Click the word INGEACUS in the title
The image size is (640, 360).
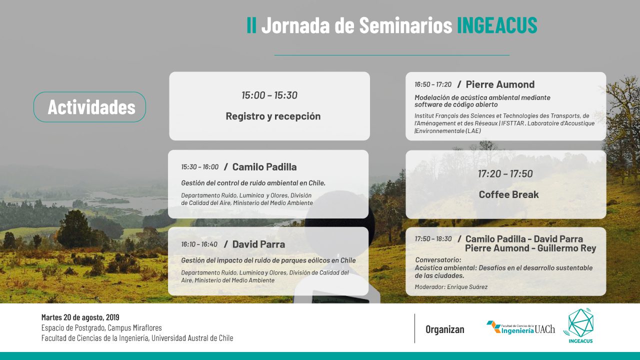[497, 25]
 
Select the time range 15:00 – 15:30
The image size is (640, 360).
[269, 95]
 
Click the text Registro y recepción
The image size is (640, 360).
[273, 116]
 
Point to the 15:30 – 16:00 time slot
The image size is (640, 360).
[199, 167]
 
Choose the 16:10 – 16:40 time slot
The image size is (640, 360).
[199, 244]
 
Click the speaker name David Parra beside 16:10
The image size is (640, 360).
[258, 244]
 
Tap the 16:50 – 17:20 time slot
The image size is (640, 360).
[433, 84]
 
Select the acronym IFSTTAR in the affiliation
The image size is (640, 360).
[513, 123]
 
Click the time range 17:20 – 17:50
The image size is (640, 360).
[505, 173]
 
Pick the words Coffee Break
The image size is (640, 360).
[509, 194]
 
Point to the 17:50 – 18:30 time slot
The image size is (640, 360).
[433, 239]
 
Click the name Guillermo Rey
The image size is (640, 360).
[566, 248]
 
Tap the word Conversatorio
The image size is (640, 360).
[438, 260]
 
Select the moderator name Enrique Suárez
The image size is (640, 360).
[467, 287]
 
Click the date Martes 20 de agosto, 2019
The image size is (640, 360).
[80, 317]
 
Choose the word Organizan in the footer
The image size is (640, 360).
[445, 329]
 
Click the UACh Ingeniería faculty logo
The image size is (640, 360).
[520, 327]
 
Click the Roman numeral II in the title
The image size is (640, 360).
[251, 25]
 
